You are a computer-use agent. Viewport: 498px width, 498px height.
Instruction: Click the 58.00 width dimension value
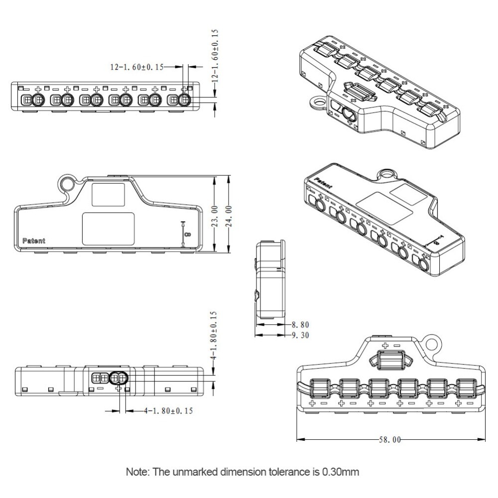389,440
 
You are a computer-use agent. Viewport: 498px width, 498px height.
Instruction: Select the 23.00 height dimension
214,215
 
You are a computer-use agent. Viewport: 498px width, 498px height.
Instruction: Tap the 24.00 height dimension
229,215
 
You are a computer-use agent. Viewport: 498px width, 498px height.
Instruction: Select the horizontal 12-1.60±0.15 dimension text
136,67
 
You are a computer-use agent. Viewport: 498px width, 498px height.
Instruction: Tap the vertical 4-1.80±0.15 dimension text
213,337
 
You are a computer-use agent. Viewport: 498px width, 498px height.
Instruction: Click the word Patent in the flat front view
34,241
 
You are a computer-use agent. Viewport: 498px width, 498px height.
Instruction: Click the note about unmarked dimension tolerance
243,471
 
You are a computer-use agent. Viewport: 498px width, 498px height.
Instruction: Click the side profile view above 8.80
270,280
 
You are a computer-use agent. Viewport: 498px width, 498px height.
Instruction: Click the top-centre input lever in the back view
391,360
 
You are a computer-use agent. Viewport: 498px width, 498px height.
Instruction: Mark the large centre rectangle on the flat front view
109,229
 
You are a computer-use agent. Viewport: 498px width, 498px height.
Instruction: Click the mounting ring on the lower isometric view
386,174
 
